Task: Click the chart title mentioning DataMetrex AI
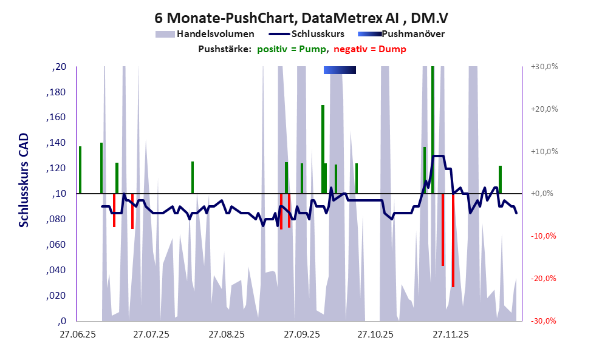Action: pos(301,18)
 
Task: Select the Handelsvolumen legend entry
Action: pos(205,34)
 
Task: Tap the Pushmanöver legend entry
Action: pos(401,34)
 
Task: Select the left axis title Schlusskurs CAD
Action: pos(24,194)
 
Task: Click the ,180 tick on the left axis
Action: pos(56,92)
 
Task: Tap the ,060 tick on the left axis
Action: pos(56,245)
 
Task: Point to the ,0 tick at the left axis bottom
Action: pos(61,321)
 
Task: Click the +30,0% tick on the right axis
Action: pos(544,67)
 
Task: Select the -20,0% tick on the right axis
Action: pos(544,279)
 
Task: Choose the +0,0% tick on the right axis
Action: pos(545,194)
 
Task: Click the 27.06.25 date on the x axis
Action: pos(77,335)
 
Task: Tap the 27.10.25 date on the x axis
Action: pos(375,335)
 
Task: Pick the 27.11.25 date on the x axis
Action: pos(450,335)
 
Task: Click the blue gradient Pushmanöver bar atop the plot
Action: pos(340,70)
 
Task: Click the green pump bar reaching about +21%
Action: pos(323,149)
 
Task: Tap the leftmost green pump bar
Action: pos(80,170)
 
